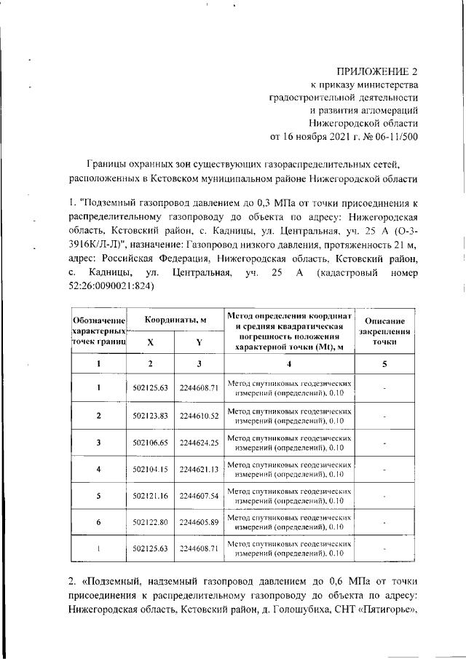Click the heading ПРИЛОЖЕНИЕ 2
pyautogui.click(x=377, y=71)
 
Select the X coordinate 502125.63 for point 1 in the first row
pyautogui.click(x=151, y=387)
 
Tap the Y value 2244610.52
pyautogui.click(x=199, y=415)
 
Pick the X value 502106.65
pyautogui.click(x=151, y=443)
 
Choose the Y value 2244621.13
pyautogui.click(x=199, y=470)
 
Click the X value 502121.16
pyautogui.click(x=151, y=496)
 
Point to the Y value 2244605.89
pyautogui.click(x=199, y=522)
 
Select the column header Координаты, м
pyautogui.click(x=175, y=320)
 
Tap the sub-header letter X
pyautogui.click(x=151, y=342)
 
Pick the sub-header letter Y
pyautogui.click(x=199, y=342)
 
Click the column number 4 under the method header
pyautogui.click(x=289, y=363)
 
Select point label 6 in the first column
pyautogui.click(x=99, y=522)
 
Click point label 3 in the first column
pyautogui.click(x=99, y=443)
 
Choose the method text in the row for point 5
pyautogui.click(x=289, y=496)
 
